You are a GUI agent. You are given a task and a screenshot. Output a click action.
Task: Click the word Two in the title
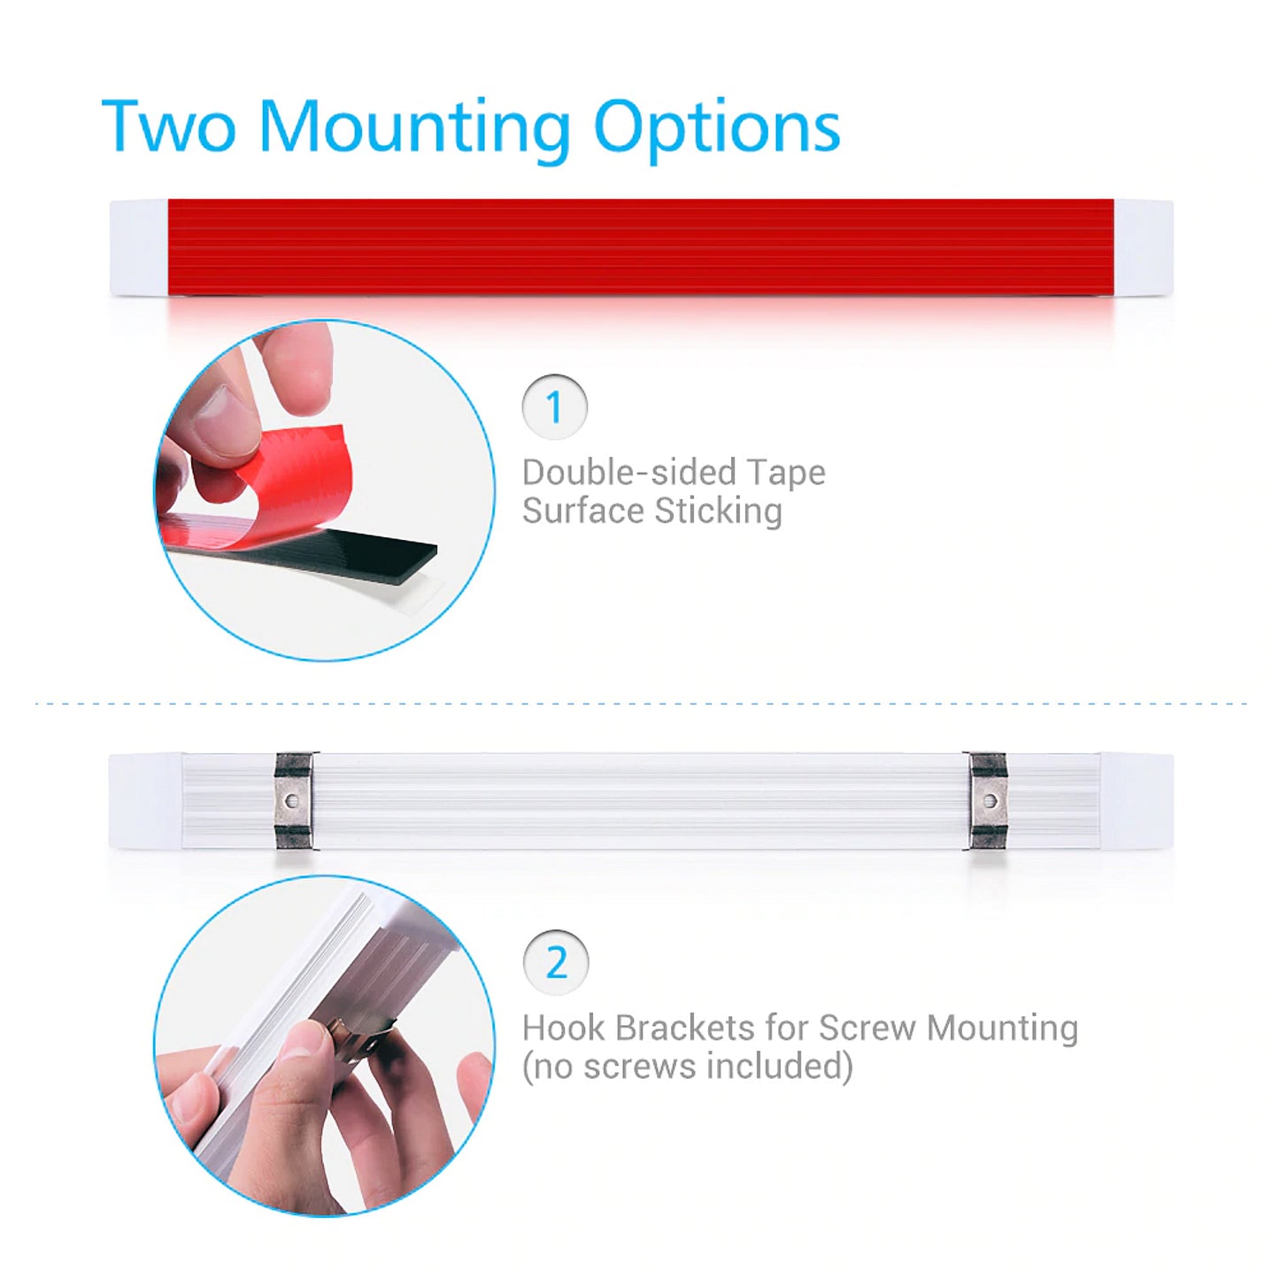click(168, 126)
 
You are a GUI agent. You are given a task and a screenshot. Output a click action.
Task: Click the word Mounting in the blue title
click(415, 131)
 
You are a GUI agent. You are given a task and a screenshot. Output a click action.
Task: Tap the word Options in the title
click(718, 131)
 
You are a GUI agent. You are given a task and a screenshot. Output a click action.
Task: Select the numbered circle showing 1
click(555, 407)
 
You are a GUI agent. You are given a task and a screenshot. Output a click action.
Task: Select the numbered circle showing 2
click(556, 963)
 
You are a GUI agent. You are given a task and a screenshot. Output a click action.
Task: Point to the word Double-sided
click(630, 473)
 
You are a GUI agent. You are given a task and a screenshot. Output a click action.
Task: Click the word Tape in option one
click(787, 474)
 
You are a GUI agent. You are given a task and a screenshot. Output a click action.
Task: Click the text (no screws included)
click(688, 1067)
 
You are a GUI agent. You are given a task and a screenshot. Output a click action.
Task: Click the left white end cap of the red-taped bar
click(139, 248)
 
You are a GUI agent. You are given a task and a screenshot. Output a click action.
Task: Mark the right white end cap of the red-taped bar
click(1144, 248)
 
